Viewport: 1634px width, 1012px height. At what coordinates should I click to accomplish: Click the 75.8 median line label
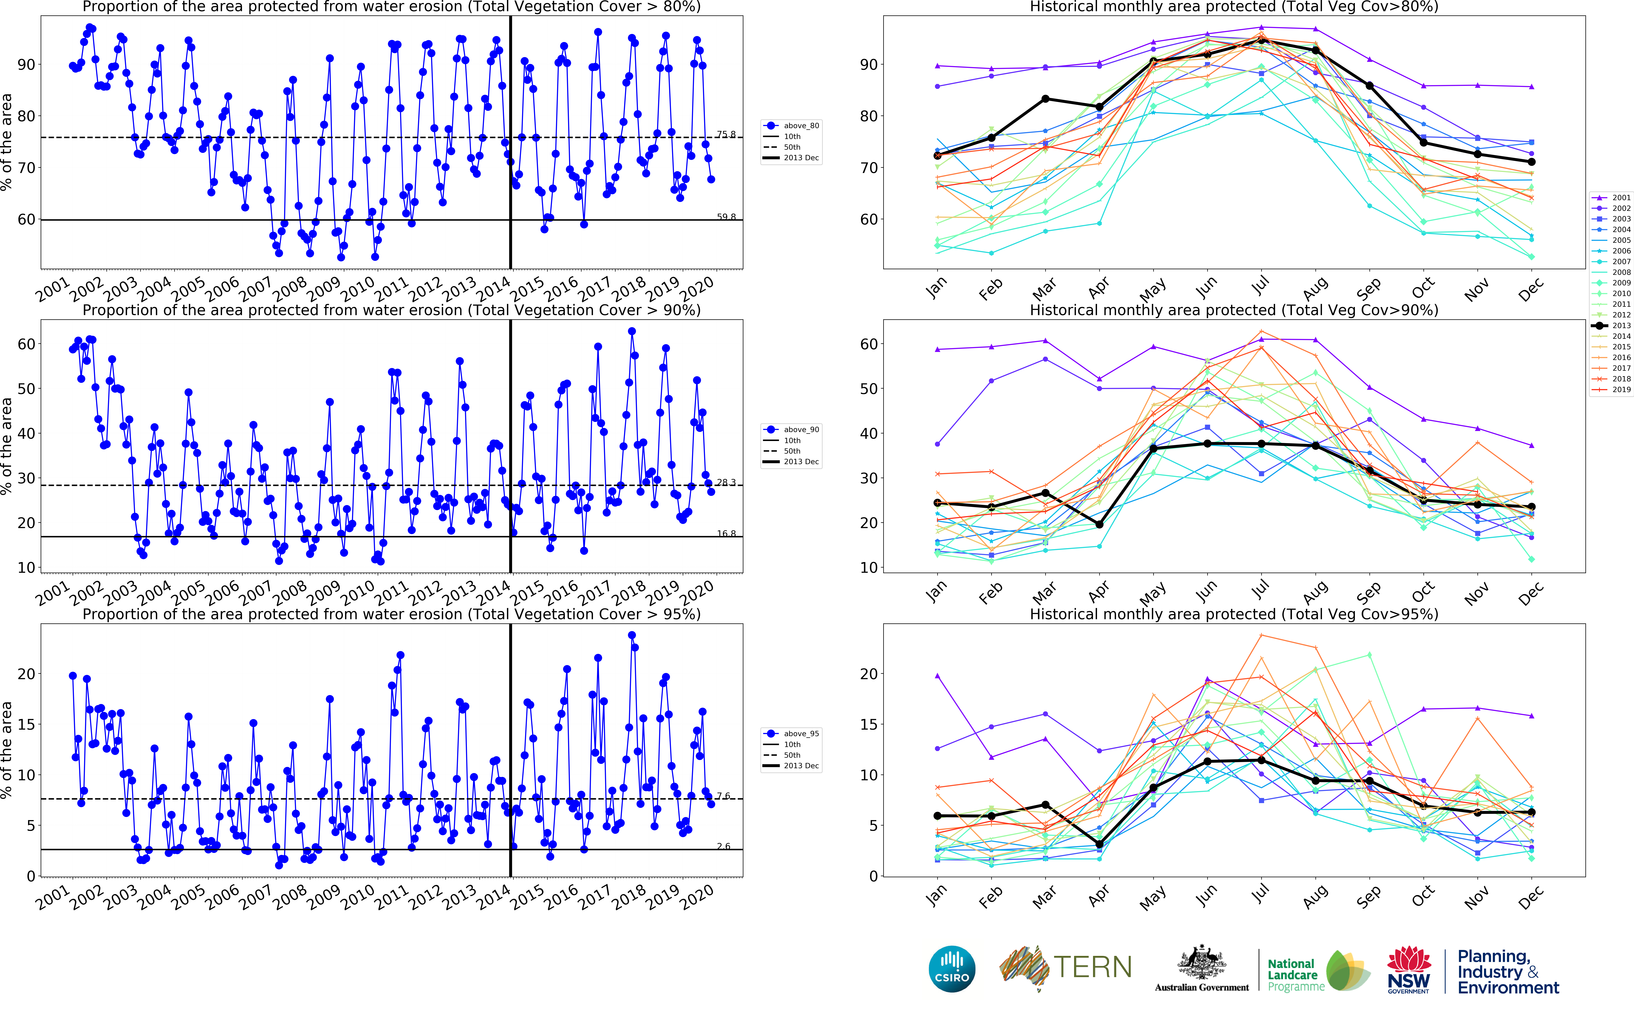726,135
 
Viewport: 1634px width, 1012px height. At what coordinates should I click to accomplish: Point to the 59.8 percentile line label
726,217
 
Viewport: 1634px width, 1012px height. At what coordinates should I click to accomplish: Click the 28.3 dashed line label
726,482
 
